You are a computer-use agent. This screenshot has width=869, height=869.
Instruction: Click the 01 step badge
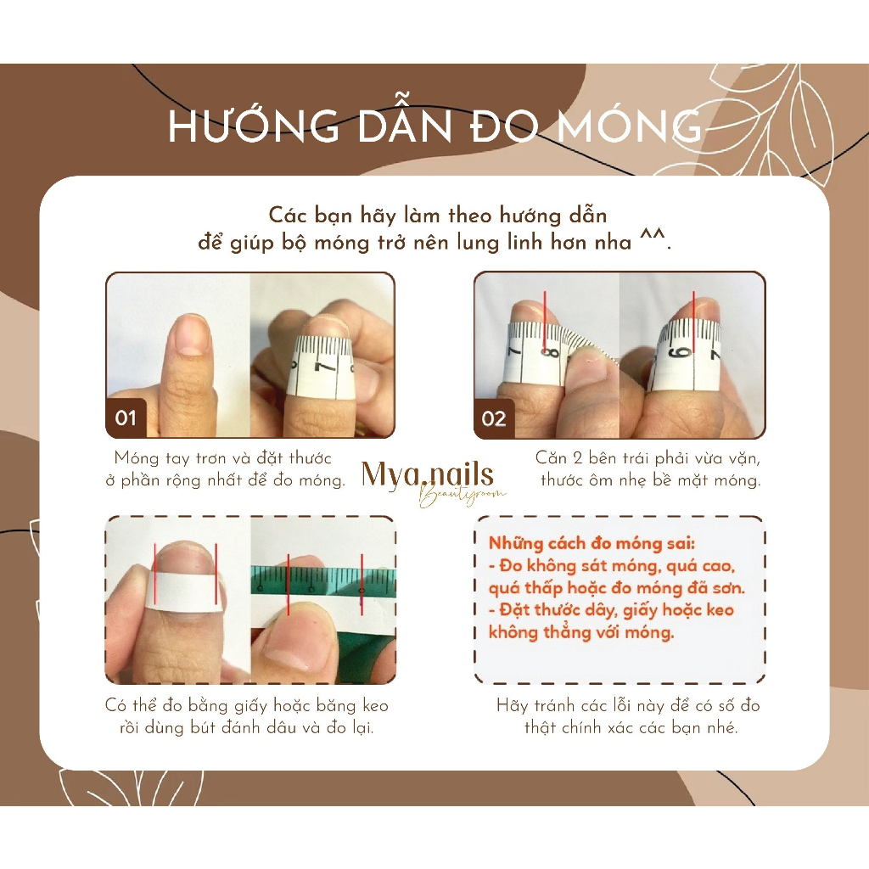click(x=126, y=418)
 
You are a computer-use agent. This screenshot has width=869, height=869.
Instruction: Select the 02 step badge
click(x=494, y=418)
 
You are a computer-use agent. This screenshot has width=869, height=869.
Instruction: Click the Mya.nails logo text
click(x=427, y=475)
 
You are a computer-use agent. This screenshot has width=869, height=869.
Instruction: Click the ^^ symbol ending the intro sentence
click(x=650, y=242)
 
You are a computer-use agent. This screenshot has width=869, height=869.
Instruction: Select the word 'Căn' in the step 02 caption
click(x=551, y=458)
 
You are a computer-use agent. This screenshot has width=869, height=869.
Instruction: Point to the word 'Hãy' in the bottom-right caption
click(x=513, y=706)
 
